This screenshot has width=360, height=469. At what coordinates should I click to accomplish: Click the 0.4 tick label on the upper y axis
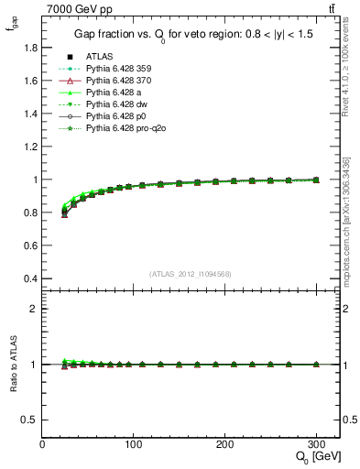tap(30, 278)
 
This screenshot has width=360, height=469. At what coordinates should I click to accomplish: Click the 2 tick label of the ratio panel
tap(35, 309)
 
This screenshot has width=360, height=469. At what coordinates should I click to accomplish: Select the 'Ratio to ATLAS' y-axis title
tap(12, 365)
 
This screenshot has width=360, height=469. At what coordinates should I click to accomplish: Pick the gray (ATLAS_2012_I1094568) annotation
tap(191, 274)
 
